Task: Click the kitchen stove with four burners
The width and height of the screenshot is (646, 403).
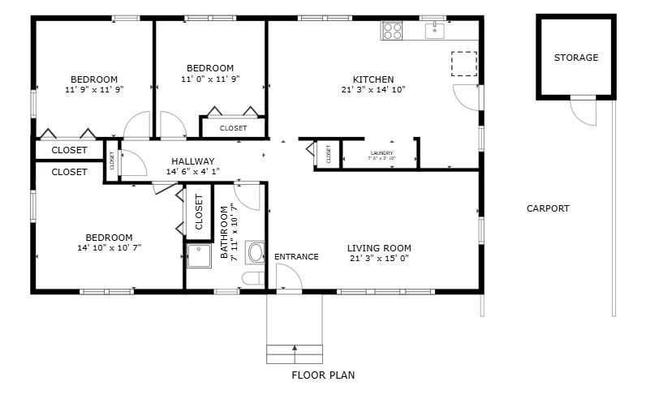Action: [393, 31]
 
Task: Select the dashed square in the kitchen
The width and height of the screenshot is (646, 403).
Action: [463, 63]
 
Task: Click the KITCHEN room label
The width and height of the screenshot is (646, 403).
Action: [373, 79]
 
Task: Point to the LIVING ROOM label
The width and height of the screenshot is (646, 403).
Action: [379, 248]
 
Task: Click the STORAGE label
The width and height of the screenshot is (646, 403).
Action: [575, 58]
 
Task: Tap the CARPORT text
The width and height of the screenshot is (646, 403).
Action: [548, 208]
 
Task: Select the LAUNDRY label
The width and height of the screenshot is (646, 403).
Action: [381, 153]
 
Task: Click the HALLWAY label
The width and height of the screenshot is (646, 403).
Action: [192, 161]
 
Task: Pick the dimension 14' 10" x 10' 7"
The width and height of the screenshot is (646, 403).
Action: [109, 248]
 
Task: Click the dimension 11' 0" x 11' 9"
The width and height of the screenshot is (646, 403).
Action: [210, 79]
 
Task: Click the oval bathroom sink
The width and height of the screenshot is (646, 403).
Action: [255, 252]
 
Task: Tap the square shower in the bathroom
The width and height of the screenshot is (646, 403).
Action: [199, 257]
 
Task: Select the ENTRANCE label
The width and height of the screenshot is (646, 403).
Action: [296, 257]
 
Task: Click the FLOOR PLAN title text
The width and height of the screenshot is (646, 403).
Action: [322, 375]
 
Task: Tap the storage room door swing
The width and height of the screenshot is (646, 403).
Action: [584, 111]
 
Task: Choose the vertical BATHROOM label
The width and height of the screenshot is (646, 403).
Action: [229, 233]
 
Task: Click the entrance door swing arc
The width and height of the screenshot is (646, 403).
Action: [289, 277]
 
